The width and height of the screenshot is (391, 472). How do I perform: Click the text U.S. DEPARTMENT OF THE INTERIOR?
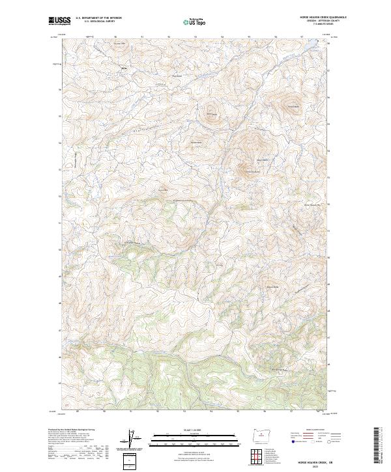coord(98,18)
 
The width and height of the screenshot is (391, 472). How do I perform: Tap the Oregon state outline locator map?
coord(260,434)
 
